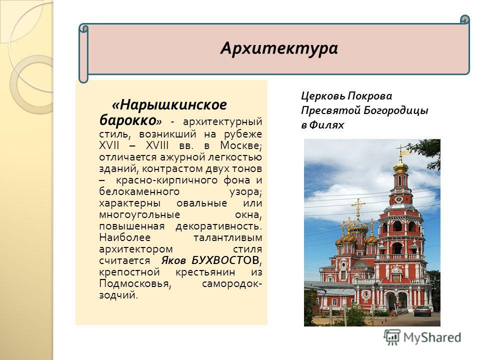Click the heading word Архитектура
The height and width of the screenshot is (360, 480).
coord(279,48)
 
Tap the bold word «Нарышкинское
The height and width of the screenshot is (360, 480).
coord(169,104)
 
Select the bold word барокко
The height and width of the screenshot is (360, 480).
coord(128,120)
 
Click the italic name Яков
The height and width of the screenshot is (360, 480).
coord(173,260)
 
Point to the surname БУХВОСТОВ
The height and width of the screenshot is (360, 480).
coord(226,260)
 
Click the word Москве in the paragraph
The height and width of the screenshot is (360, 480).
coord(240,145)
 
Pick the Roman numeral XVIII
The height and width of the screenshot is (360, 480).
coord(157,145)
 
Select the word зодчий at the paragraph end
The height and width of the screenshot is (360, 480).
coord(118,295)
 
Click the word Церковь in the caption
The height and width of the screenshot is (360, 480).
coord(323,96)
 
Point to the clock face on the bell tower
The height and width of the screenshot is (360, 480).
coord(399,199)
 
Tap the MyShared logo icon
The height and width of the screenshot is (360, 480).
coord(392,337)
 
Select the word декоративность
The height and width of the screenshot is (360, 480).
coord(219,226)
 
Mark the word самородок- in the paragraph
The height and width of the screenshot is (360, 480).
coord(231,284)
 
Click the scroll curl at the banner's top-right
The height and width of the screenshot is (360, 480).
coord(465,19)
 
